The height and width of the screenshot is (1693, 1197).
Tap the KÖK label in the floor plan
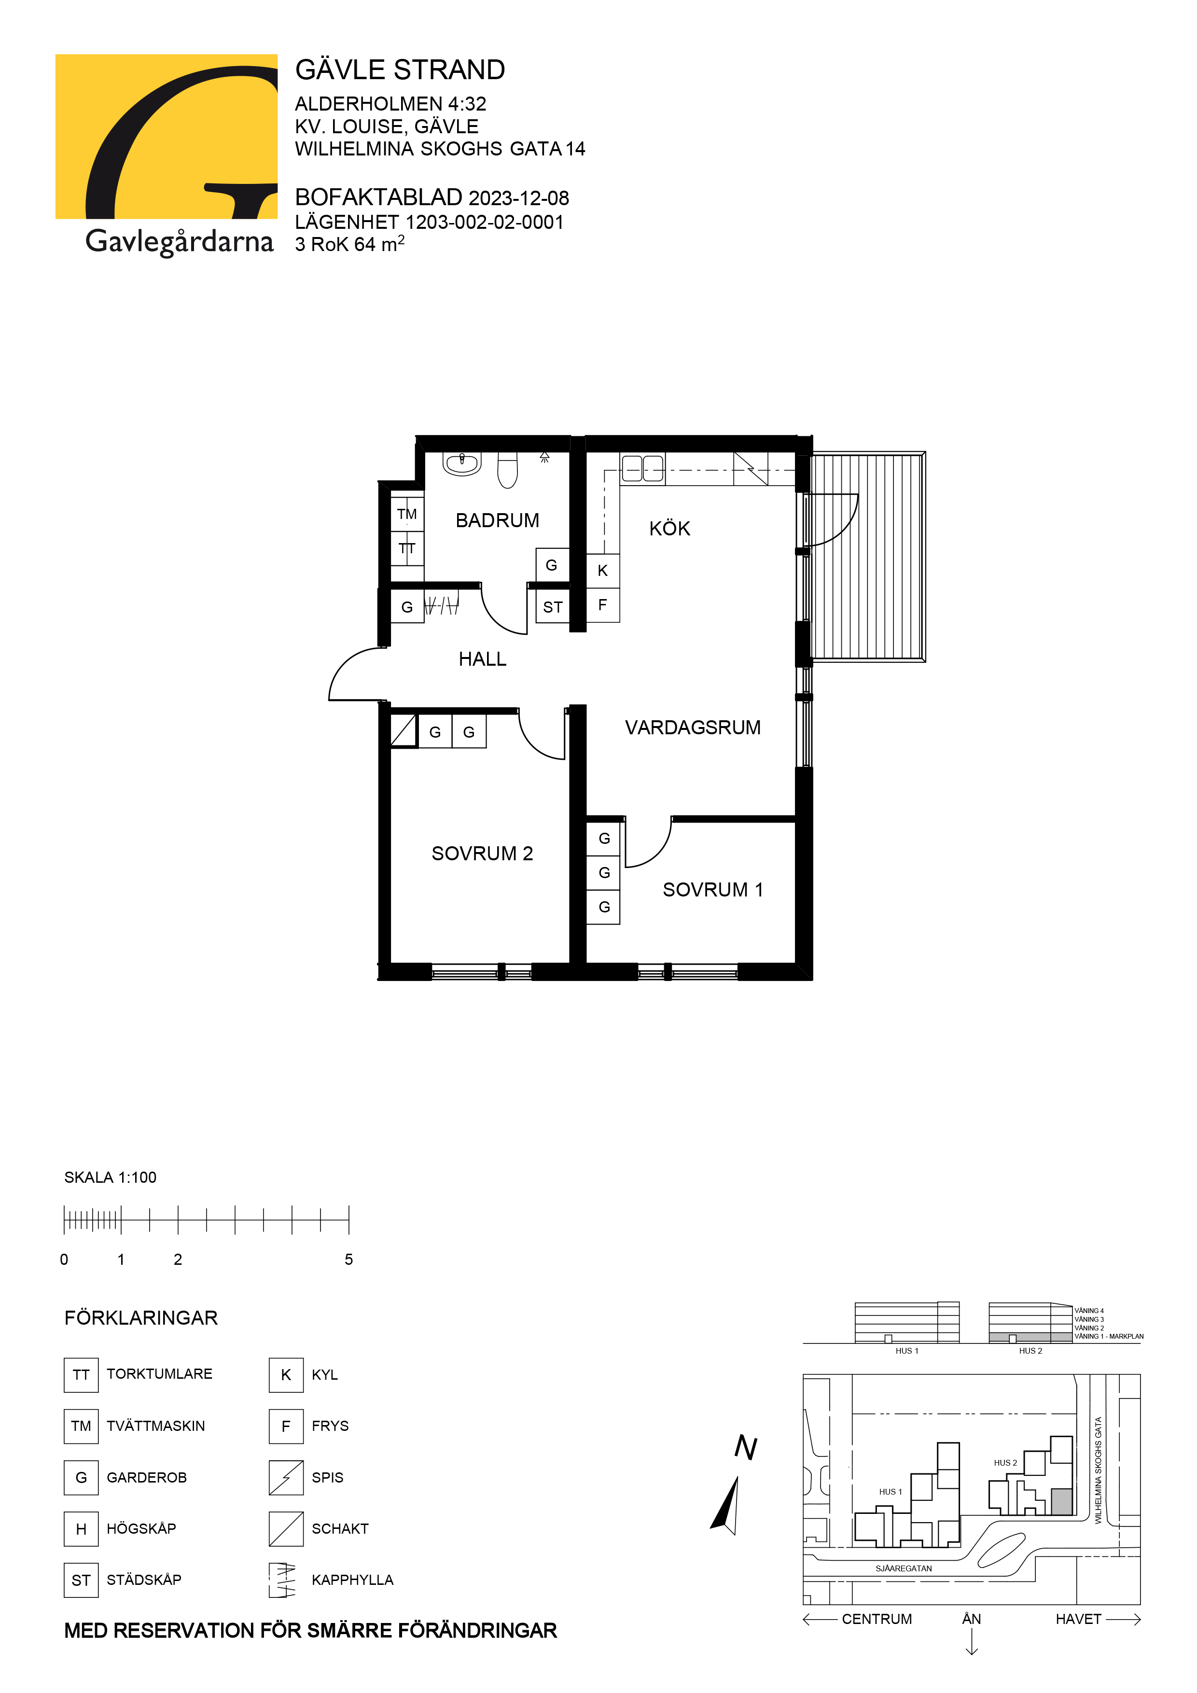669,528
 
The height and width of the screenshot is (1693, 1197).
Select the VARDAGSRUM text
692,728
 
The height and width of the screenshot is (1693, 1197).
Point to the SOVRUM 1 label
712,890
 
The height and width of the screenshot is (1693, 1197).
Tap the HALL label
482,659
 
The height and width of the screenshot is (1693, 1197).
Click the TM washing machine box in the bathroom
407,514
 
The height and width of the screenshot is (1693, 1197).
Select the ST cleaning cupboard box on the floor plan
553,607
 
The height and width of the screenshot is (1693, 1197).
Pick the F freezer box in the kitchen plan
603,605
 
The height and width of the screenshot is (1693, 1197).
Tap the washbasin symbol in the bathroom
462,464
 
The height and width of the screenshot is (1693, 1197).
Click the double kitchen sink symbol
643,468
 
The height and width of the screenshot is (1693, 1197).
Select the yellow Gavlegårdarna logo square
167,137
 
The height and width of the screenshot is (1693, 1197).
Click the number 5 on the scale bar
348,1259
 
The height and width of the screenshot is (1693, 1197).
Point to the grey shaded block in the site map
1061,1501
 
